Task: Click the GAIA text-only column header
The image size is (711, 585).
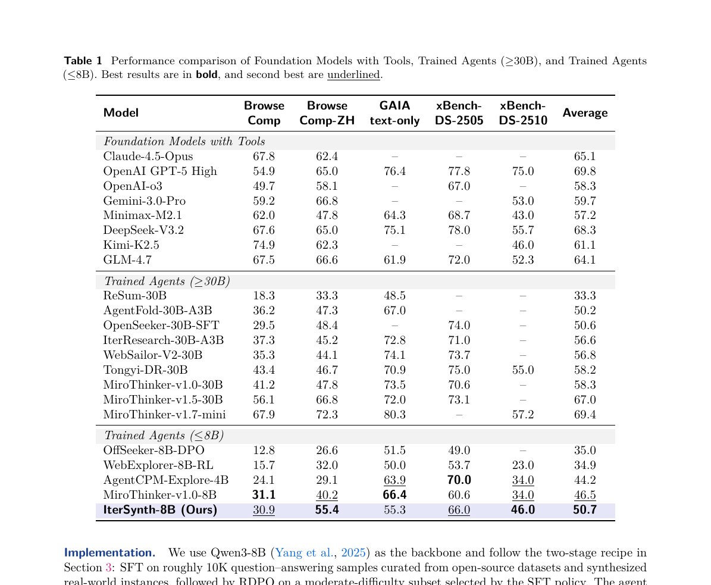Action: click(394, 113)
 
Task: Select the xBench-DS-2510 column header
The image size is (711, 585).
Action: click(523, 113)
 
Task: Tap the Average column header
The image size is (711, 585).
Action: click(585, 113)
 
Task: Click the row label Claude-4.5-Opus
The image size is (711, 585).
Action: click(148, 157)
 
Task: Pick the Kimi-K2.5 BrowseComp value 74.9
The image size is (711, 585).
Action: click(264, 245)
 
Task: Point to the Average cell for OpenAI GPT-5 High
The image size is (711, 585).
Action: click(585, 171)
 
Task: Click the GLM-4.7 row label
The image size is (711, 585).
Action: click(127, 260)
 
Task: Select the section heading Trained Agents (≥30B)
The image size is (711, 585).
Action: click(167, 281)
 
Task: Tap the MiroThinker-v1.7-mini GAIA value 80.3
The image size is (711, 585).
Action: click(394, 414)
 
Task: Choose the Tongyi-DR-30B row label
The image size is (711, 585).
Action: click(146, 370)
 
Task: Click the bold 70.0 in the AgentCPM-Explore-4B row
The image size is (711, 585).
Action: click(459, 480)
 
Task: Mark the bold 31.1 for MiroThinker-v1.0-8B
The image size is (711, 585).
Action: click(264, 495)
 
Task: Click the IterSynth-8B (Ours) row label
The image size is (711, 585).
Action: click(160, 510)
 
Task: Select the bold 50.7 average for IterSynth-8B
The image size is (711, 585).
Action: click(585, 510)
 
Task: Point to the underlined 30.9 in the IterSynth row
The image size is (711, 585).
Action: click(264, 510)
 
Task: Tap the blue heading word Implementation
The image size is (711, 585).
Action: click(109, 553)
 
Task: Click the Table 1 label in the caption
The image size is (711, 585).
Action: click(83, 61)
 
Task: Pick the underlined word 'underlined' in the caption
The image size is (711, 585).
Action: click(353, 75)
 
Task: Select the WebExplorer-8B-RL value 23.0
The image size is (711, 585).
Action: click(523, 465)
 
